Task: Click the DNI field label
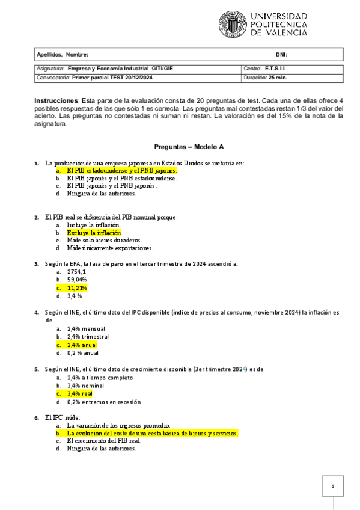point(281,55)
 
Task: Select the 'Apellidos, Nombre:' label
point(63,55)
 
